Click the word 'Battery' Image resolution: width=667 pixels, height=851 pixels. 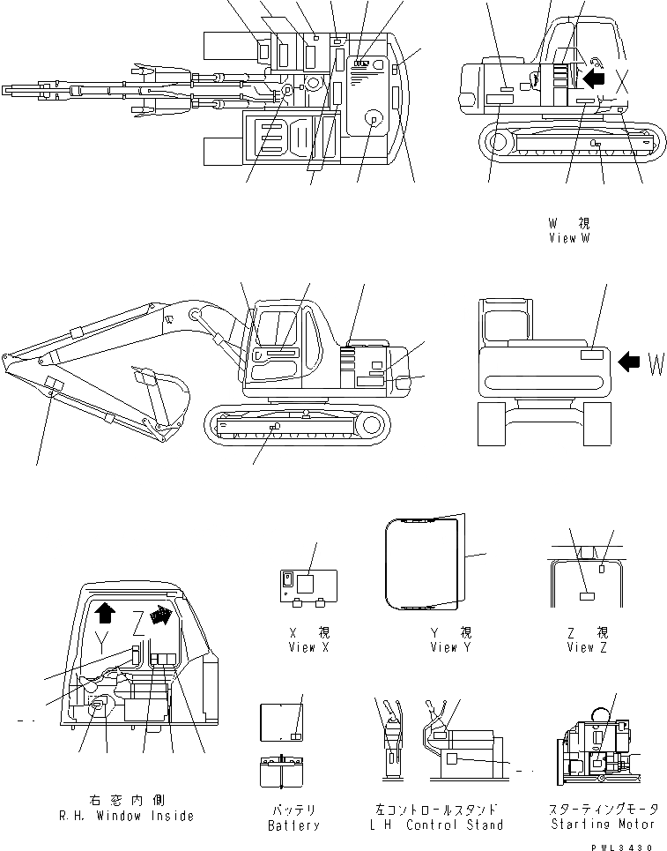[293, 825]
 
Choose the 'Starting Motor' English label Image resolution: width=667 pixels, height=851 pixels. [603, 824]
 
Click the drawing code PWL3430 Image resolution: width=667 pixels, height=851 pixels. [626, 846]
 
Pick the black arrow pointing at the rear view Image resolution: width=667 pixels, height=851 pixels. [628, 361]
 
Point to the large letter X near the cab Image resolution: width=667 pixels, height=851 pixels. [623, 83]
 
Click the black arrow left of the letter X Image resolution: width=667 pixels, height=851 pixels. [595, 78]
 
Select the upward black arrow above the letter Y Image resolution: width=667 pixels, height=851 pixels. [104, 611]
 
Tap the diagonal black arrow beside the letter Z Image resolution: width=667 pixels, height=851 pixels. [160, 614]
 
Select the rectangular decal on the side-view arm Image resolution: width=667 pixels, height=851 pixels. [55, 385]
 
